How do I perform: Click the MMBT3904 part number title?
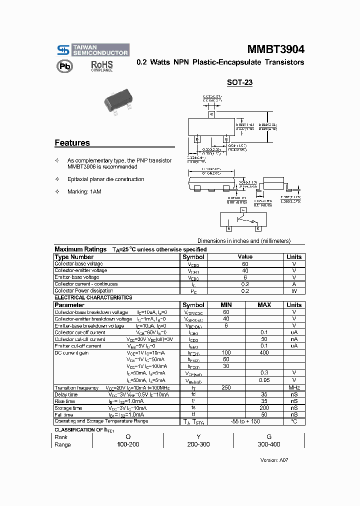coord(275,49)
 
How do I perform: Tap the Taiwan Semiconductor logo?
coord(92,49)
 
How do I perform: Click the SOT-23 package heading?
coord(239,82)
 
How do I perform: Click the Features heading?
coord(72,143)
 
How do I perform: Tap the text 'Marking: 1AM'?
coord(84,192)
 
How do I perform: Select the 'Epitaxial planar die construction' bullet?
coord(105,179)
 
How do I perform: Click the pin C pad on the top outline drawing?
coord(211,114)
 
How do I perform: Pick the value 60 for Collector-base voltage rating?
coord(245,263)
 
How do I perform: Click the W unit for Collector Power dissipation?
coord(294,290)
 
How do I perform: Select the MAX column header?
coord(264,304)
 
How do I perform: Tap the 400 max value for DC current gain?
coord(264,352)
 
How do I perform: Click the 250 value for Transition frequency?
coord(225,387)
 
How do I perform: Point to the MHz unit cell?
coord(294,387)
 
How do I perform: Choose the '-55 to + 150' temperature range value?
coord(245,421)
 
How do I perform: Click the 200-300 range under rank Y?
coord(198,444)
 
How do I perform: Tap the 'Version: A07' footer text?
coord(274,460)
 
